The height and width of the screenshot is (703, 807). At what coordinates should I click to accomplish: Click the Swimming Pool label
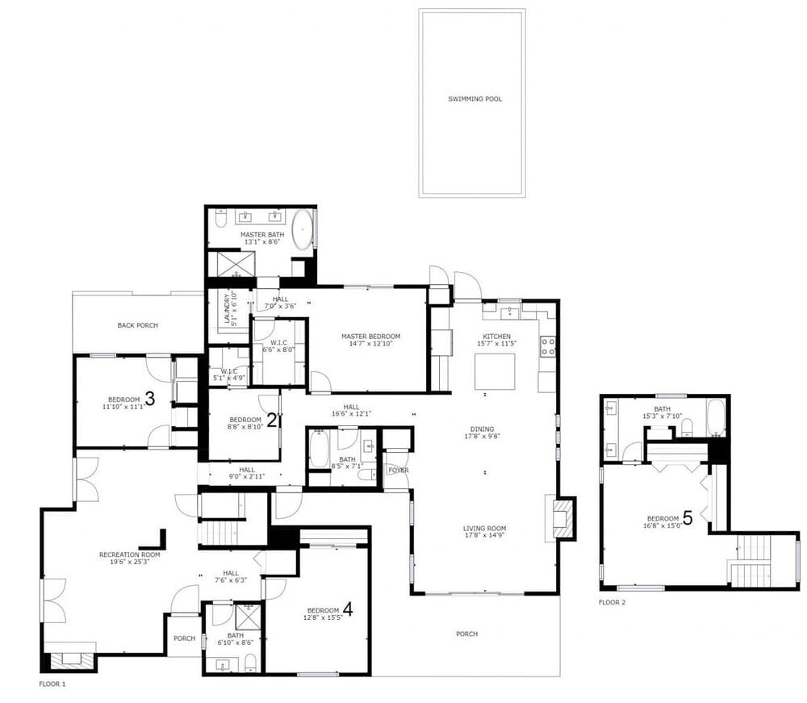[x=475, y=99]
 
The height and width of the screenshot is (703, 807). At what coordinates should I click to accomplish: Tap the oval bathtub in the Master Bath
[x=303, y=229]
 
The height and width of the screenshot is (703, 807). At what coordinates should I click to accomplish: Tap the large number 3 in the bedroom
[x=149, y=398]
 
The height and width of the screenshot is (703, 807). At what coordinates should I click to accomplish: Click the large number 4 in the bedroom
[x=348, y=608]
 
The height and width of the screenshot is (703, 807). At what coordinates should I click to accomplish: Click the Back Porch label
[x=137, y=325]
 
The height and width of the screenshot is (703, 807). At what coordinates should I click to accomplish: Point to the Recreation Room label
[x=129, y=554]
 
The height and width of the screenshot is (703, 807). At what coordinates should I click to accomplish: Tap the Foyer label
[x=398, y=471]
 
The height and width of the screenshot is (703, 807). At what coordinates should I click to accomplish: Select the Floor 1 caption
[x=52, y=684]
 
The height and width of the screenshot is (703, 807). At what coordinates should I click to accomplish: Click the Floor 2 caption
[x=612, y=602]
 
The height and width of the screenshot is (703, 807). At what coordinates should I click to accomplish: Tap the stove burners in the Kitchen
[x=548, y=346]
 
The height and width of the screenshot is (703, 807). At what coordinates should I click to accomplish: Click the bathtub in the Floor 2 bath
[x=716, y=417]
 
